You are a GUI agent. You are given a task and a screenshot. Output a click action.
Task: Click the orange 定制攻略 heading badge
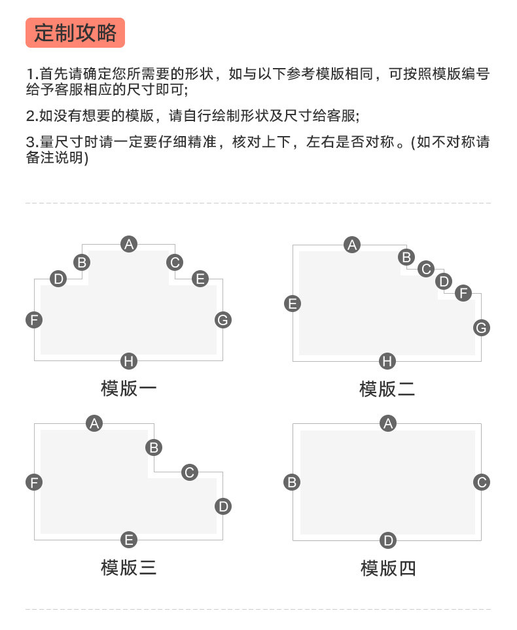point(75,33)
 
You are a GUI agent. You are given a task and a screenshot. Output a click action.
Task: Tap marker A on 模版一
point(129,244)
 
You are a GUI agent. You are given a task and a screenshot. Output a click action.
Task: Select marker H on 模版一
point(129,361)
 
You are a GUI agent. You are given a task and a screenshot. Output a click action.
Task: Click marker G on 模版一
point(223,320)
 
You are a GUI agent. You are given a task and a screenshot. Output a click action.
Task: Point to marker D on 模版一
point(58,279)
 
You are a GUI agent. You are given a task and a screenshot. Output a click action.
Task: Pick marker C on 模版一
point(175,262)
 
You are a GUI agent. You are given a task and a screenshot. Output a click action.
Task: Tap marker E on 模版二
point(293,303)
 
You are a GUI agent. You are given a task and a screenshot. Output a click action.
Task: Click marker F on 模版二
point(463,292)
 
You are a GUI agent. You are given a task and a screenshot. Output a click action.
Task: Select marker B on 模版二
point(406,257)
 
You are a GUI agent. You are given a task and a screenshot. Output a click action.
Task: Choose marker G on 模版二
point(481,328)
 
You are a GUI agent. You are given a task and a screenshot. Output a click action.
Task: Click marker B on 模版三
point(154,447)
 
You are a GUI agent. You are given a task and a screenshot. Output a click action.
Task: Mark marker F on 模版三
point(34,483)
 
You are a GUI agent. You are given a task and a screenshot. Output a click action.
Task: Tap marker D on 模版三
point(223,506)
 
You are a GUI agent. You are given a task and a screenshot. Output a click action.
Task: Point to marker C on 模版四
point(481,482)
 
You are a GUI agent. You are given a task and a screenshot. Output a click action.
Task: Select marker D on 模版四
point(388,540)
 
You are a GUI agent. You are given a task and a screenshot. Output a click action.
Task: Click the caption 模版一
point(129,389)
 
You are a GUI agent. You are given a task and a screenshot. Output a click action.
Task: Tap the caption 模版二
point(387,389)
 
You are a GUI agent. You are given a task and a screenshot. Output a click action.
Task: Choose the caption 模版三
point(129,567)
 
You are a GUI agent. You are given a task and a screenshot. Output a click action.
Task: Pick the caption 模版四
point(388,568)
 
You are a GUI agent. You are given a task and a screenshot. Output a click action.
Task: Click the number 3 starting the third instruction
point(29,142)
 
